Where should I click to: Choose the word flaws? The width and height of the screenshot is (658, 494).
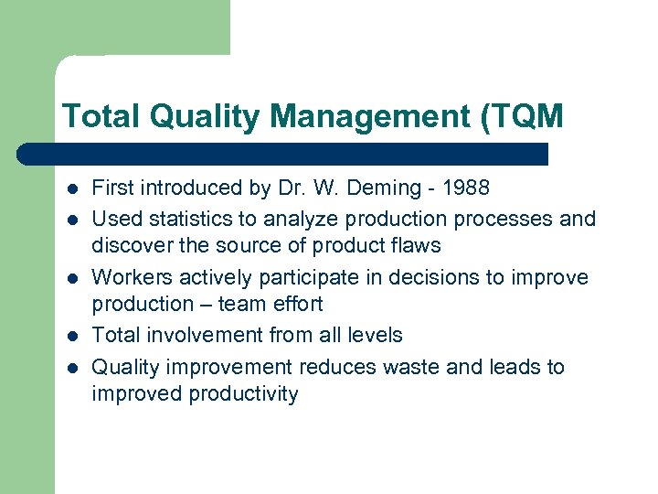(x=416, y=246)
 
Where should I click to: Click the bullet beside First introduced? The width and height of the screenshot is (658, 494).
(x=70, y=189)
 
